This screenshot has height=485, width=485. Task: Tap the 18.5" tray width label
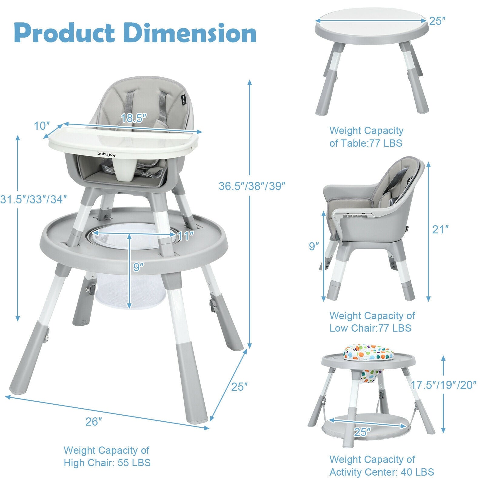134,118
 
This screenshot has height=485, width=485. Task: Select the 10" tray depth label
42,125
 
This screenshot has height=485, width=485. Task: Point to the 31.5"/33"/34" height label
33,199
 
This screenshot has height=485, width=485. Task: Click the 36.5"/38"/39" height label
252,186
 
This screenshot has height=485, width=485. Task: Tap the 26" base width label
94,421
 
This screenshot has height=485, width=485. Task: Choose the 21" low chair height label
440,229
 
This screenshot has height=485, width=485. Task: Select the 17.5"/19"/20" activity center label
443,385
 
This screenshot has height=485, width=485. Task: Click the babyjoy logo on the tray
108,154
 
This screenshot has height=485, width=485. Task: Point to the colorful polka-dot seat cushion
368,353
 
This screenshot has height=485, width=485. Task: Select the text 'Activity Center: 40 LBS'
382,472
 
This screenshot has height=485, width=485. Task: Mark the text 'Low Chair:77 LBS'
370,328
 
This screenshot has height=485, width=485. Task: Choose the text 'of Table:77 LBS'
366,143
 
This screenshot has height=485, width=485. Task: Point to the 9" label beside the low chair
314,246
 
